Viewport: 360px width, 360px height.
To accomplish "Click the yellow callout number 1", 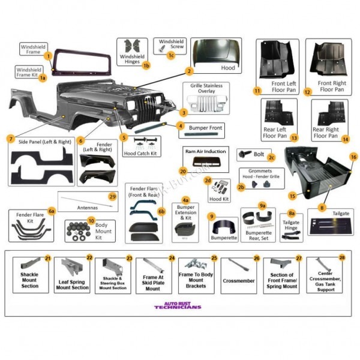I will (x=47, y=55).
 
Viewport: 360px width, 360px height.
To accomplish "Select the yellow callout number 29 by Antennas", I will (x=112, y=197).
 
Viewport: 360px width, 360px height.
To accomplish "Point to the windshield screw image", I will (x=163, y=44).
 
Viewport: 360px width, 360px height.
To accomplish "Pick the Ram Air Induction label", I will (x=205, y=152).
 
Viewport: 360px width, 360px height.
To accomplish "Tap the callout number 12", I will (x=307, y=92).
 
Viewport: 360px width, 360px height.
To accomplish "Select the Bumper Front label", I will (x=205, y=128).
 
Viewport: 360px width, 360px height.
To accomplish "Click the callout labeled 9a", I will (x=262, y=205).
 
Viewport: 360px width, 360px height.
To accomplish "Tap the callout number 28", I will (x=341, y=257).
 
